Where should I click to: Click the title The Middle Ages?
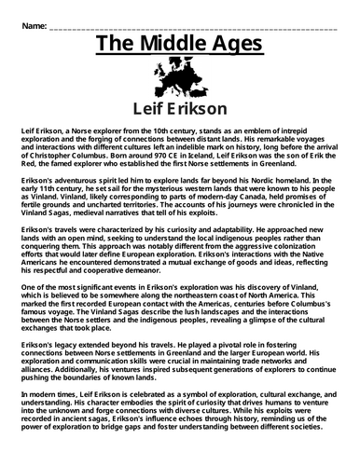pos(179,46)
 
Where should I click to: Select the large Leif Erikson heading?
pos(179,109)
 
